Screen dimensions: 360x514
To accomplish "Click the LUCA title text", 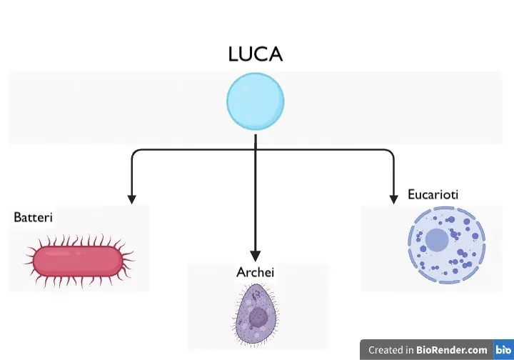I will pos(255,54).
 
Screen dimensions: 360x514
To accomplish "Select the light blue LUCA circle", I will pos(255,102).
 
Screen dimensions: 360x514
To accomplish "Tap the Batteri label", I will pos(34,216).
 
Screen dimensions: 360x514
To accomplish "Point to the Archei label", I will pos(255,273).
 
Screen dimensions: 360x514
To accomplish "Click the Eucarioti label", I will pos(433,194).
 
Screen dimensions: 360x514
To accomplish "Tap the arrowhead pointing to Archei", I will pos(255,255).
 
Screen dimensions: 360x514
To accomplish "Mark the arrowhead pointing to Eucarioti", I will pos(393,199).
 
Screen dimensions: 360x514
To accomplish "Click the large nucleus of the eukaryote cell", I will pos(437,241).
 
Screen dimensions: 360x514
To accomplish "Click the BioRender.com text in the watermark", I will pos(452,350).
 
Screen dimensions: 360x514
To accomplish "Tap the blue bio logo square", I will pos(503,350).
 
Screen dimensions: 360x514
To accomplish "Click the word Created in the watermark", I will pos(385,350).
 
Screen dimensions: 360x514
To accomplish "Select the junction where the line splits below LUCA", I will pos(255,149).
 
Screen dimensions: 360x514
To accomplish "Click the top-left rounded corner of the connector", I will pos(133,152).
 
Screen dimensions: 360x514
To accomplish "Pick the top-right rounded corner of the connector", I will pos(390,152).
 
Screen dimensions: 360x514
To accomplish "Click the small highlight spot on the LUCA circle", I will pos(245,91).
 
